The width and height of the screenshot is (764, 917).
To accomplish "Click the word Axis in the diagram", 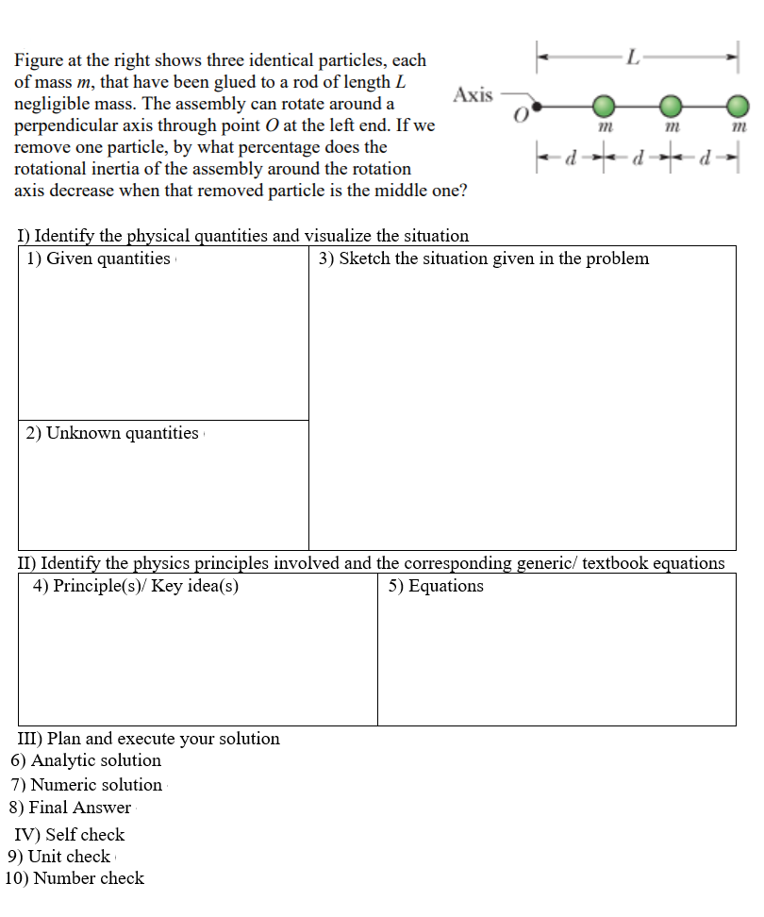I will [x=473, y=94].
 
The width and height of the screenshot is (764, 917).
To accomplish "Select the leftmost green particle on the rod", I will [x=605, y=104].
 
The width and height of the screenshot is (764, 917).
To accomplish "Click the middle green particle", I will [x=671, y=104].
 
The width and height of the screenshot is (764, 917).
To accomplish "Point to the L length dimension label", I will [x=635, y=58].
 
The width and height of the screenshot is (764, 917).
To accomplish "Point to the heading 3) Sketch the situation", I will [x=484, y=258].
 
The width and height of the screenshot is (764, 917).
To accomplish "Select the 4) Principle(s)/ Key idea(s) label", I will [x=136, y=586].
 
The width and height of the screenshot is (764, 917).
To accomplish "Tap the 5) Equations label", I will [x=436, y=586].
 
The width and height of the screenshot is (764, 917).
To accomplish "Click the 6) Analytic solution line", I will [x=86, y=760].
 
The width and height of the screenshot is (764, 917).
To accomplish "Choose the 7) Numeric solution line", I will [x=87, y=785].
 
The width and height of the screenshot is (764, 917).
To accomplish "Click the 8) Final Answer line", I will [x=71, y=808].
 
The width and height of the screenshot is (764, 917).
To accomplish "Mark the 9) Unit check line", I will [x=59, y=857].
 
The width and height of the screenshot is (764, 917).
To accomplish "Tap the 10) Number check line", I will [x=75, y=878].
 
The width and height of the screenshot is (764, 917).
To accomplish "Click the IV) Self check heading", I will [x=70, y=835].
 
